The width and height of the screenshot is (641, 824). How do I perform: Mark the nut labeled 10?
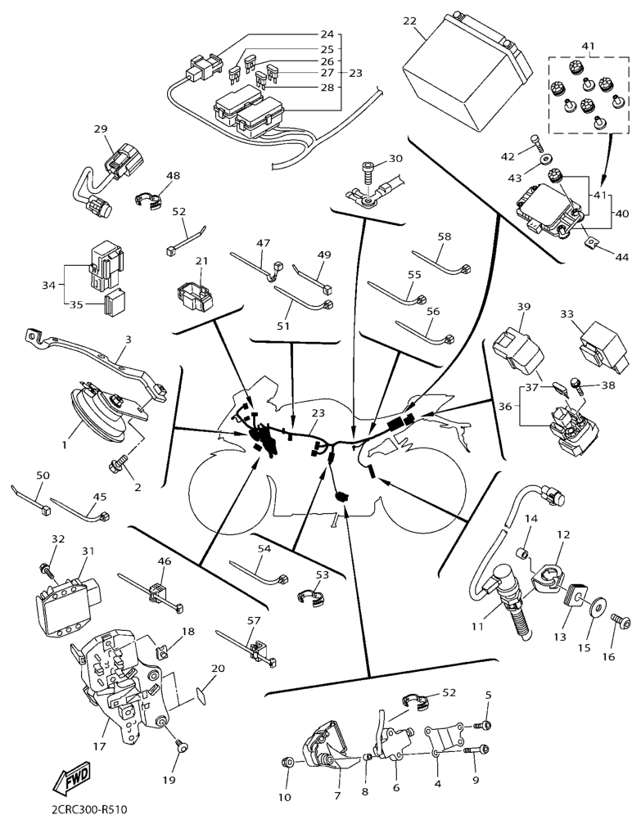pos(286,762)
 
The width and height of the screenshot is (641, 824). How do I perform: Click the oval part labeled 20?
pos(199,696)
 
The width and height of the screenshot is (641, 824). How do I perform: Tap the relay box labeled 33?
pos(603,345)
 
